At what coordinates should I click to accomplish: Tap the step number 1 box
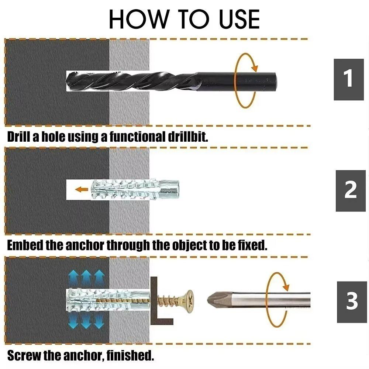click(348, 79)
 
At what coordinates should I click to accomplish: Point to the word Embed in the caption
click(25, 245)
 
